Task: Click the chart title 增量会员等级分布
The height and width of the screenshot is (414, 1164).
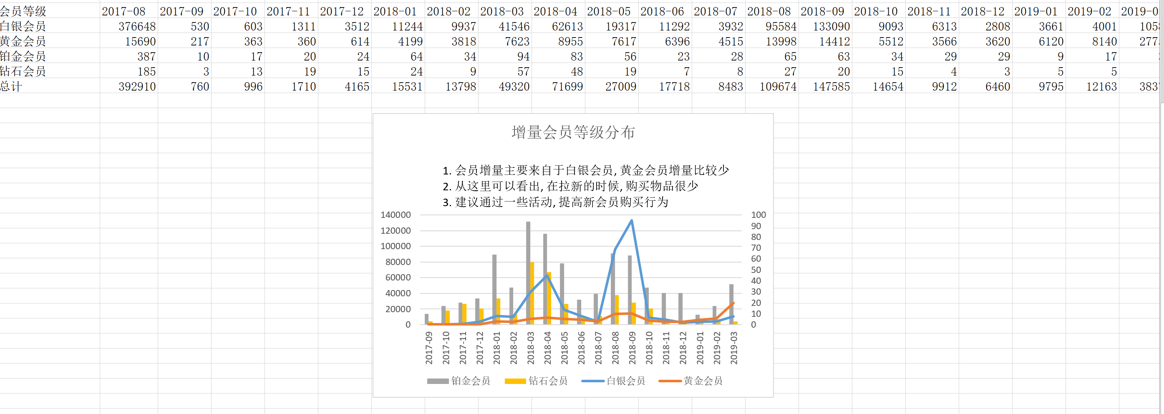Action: tap(573, 132)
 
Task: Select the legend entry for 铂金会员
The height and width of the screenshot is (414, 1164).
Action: tap(459, 381)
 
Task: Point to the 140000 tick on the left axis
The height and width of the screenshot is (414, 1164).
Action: tap(396, 215)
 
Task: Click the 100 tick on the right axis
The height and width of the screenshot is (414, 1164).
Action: tap(758, 215)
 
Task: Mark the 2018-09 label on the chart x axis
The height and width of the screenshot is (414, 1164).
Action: tap(632, 348)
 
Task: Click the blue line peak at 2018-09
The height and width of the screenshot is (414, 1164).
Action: tap(631, 220)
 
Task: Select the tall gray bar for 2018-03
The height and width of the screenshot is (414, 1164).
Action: tap(528, 271)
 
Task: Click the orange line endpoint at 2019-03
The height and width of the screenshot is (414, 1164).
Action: tap(733, 303)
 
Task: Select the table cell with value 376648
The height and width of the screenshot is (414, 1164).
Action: tap(137, 27)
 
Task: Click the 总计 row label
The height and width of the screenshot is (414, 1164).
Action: tap(11, 87)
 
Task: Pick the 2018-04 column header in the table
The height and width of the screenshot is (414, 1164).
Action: tap(555, 11)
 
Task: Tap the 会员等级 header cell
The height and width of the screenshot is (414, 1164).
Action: tap(23, 11)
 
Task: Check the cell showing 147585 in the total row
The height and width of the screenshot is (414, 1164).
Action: tap(831, 87)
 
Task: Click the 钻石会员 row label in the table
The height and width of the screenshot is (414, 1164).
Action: tap(23, 71)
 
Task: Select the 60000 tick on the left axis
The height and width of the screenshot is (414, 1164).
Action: tap(398, 278)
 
